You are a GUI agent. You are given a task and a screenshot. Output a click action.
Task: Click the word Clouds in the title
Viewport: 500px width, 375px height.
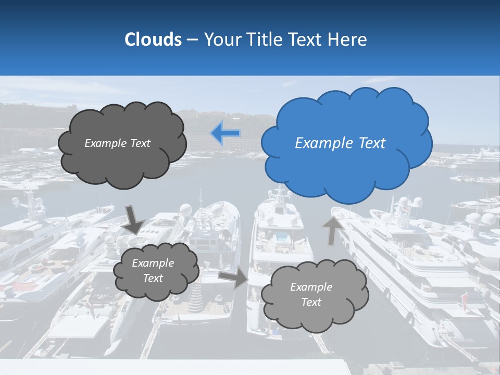point(153,40)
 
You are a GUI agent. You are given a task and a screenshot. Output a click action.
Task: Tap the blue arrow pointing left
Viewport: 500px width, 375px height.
point(225,133)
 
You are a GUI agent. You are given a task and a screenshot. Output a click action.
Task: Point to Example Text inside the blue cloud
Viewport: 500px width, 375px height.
point(340,143)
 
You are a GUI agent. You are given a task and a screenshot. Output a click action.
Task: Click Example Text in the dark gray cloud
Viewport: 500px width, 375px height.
point(118,143)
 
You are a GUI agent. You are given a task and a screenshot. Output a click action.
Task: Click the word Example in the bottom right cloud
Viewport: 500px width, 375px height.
point(311,287)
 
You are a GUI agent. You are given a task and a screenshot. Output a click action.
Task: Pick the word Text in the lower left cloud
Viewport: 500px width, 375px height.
point(153,278)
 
